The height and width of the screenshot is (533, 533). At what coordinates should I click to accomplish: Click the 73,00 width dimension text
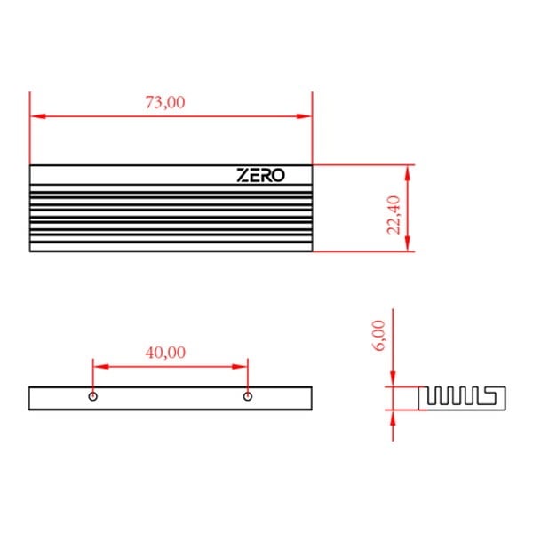(165, 102)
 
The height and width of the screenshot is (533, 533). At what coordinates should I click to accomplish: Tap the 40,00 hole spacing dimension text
(165, 352)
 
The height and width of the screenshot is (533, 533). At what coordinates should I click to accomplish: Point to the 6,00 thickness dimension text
(378, 335)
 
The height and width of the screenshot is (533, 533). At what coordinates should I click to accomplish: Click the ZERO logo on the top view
(261, 176)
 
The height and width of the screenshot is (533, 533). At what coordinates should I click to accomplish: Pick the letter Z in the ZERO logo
(243, 176)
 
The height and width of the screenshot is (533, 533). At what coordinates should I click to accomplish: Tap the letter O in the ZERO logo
(278, 176)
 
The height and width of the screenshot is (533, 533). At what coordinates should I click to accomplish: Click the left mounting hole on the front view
(93, 396)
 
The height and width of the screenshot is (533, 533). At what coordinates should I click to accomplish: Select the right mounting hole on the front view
(248, 396)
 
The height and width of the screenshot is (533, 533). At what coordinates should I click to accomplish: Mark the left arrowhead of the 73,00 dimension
(36, 116)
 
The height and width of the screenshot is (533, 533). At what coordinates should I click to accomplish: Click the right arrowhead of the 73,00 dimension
(306, 116)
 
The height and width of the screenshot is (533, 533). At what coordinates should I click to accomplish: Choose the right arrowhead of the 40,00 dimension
(242, 365)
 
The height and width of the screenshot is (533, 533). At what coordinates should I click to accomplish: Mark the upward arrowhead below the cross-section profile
(393, 416)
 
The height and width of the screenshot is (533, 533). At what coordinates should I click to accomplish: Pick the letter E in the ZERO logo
(254, 176)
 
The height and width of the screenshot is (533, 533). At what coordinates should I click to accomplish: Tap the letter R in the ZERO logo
(266, 176)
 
